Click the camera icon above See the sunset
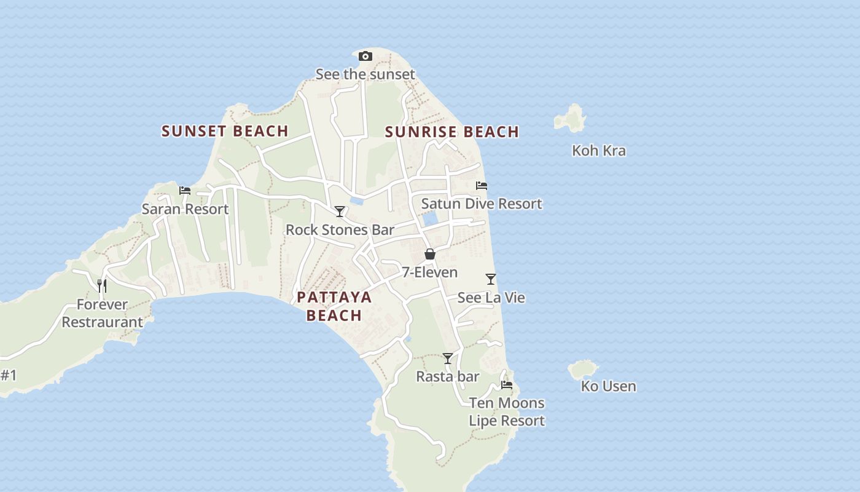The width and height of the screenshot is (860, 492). click(x=365, y=57)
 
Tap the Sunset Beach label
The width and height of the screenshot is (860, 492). click(x=225, y=131)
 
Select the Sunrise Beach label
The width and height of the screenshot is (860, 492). click(x=452, y=132)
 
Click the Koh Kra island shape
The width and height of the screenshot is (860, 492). click(x=571, y=117)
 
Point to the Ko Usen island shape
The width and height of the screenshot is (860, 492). click(x=582, y=370)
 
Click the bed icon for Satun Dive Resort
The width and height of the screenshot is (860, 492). click(x=482, y=185)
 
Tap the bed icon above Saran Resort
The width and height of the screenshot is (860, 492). click(x=185, y=191)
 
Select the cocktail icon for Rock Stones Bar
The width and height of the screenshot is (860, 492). click(x=340, y=212)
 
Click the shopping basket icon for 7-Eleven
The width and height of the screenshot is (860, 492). click(x=430, y=254)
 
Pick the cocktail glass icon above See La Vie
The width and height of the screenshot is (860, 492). click(x=491, y=279)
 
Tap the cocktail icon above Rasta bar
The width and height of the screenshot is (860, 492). click(x=448, y=358)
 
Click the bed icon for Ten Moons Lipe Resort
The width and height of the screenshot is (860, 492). click(x=507, y=385)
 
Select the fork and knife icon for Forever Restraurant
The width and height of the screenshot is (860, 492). click(x=102, y=285)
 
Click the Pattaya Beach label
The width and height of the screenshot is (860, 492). click(x=334, y=306)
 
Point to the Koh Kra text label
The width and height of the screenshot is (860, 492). click(x=599, y=151)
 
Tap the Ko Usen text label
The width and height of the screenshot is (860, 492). click(x=608, y=386)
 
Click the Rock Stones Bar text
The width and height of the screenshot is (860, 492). click(x=340, y=230)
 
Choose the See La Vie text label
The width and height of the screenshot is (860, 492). click(x=491, y=298)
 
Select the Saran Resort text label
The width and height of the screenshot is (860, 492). click(x=185, y=209)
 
